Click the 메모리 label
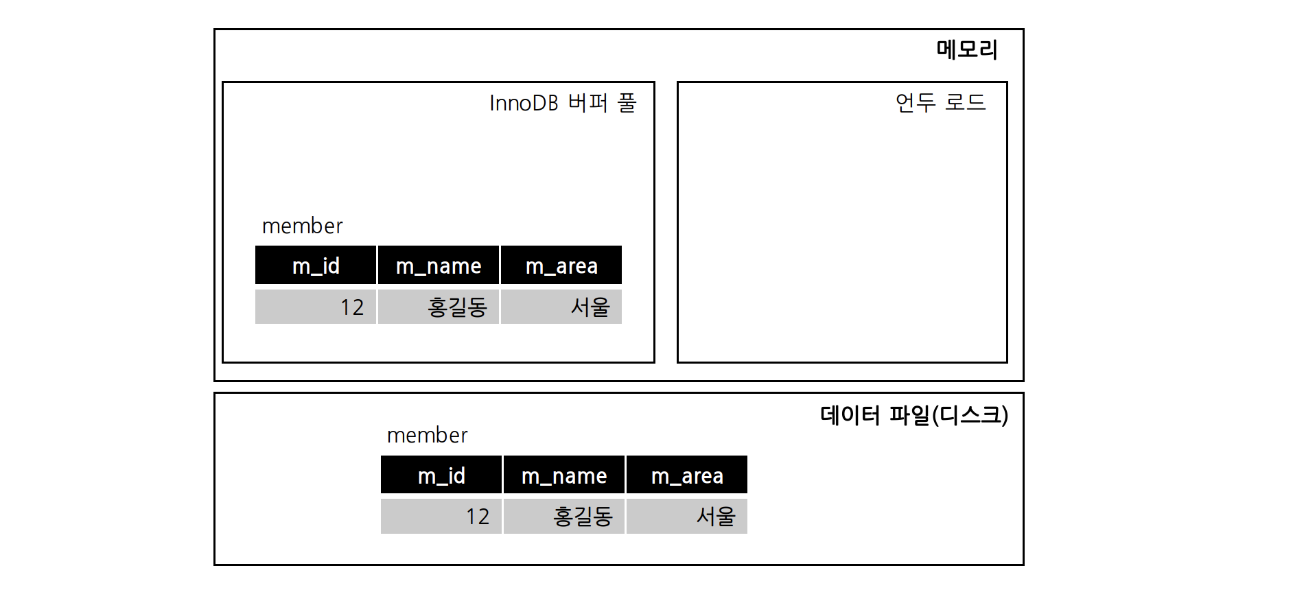pyautogui.click(x=966, y=49)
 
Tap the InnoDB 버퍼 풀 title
pyautogui.click(x=563, y=103)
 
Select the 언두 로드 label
pyautogui.click(x=940, y=102)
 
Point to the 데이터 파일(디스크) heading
pyautogui.click(x=913, y=415)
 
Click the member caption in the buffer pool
pyautogui.click(x=302, y=226)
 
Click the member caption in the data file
pyautogui.click(x=427, y=435)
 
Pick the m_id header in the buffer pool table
pyautogui.click(x=316, y=266)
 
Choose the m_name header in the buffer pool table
pyautogui.click(x=439, y=266)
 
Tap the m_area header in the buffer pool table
pyautogui.click(x=561, y=266)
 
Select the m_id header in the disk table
pyautogui.click(x=441, y=475)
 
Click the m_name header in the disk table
pyautogui.click(x=564, y=475)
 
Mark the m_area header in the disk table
pyautogui.click(x=687, y=475)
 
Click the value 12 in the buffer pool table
pyautogui.click(x=352, y=307)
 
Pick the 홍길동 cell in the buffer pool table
pyautogui.click(x=457, y=307)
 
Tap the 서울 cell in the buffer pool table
pyautogui.click(x=590, y=307)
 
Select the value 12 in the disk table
pyautogui.click(x=478, y=516)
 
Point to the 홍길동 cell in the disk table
pyautogui.click(x=583, y=516)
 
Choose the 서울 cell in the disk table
pyautogui.click(x=716, y=516)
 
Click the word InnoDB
pyautogui.click(x=524, y=103)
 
